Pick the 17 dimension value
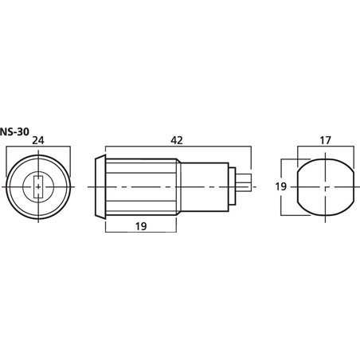(325, 139)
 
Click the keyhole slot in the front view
(39, 188)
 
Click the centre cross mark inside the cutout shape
(326, 188)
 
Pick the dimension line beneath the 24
(39, 148)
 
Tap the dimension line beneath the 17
(326, 148)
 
